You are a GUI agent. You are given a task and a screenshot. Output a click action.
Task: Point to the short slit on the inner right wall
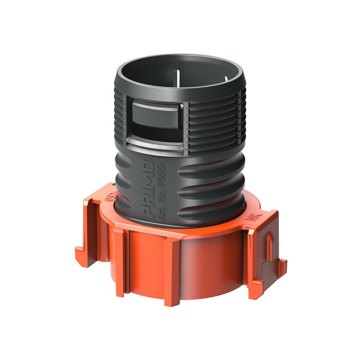coord(226,80)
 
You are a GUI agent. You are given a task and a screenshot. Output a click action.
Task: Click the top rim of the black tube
coord(180,57)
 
